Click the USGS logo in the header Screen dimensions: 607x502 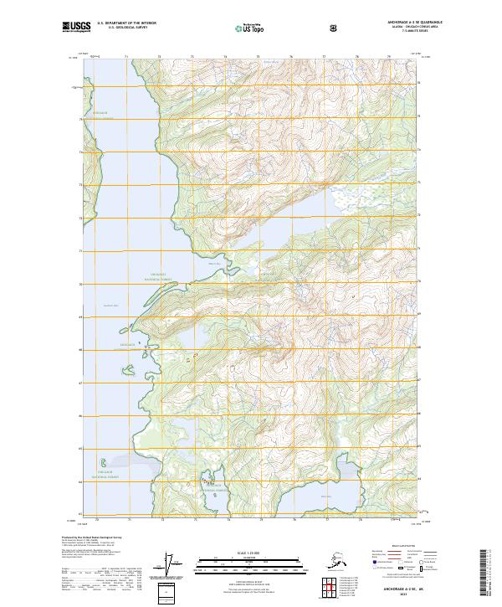click(x=75, y=28)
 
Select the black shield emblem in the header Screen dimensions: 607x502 click(x=336, y=28)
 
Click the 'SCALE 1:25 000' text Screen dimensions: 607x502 click(x=249, y=551)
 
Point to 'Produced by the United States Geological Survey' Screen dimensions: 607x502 click(x=88, y=537)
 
